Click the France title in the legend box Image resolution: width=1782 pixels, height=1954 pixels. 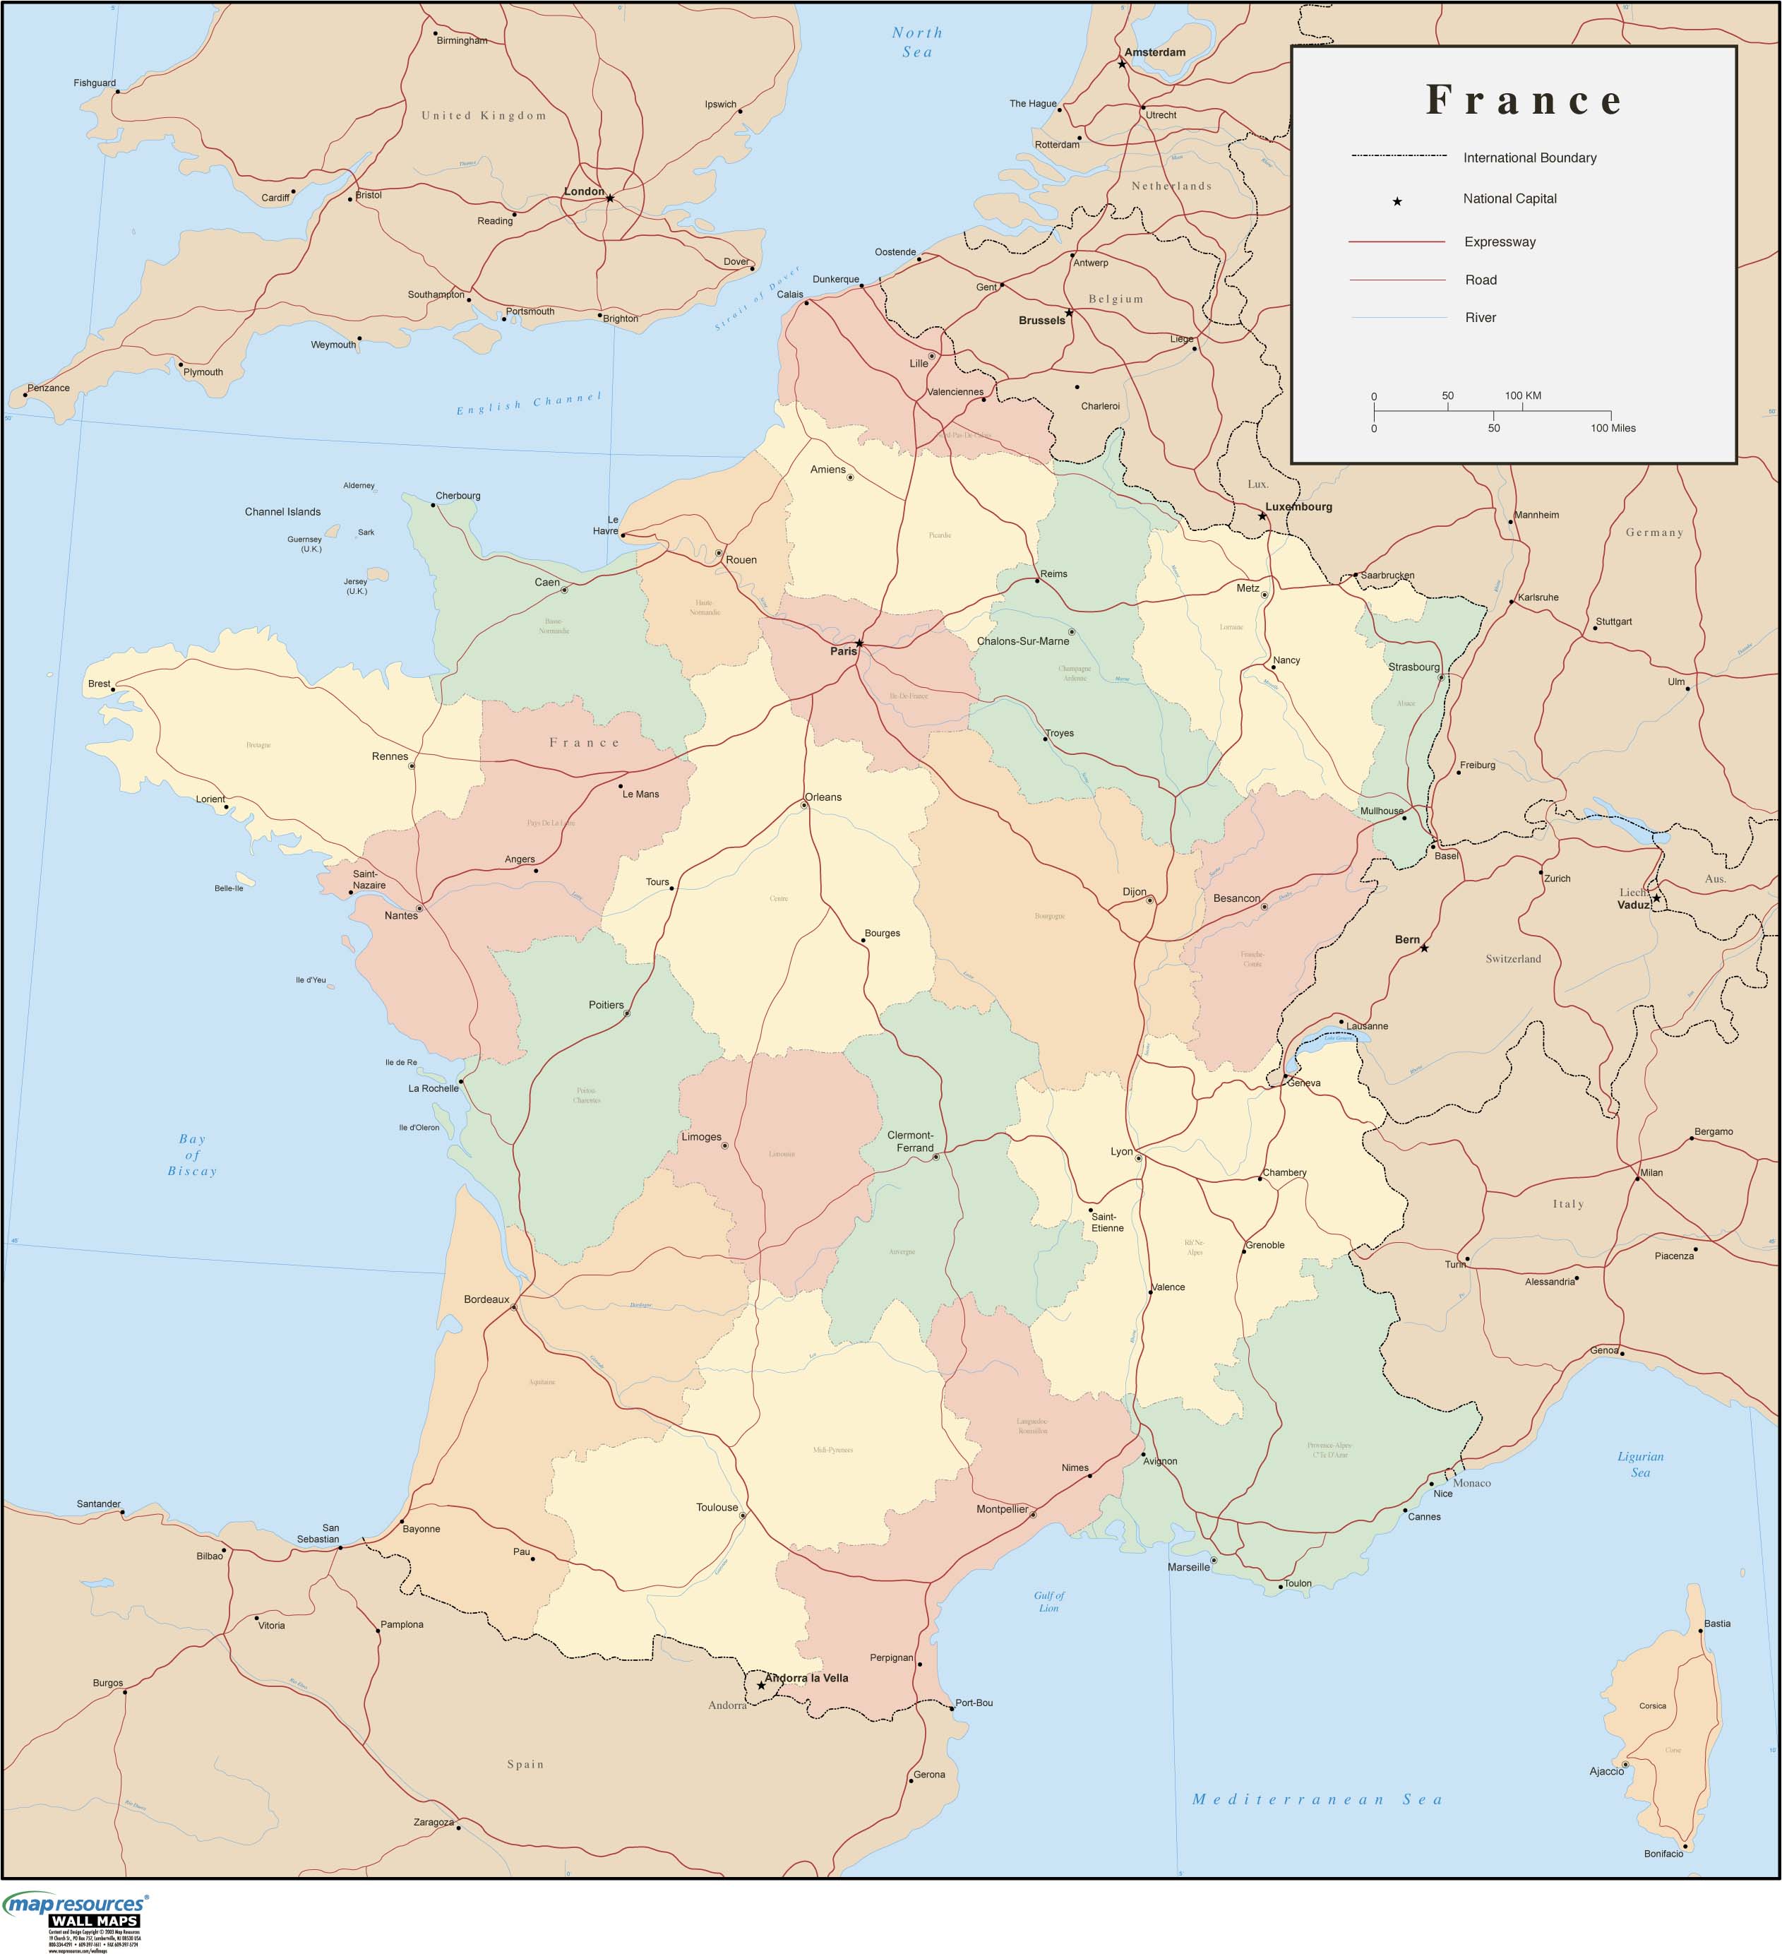click(x=1524, y=100)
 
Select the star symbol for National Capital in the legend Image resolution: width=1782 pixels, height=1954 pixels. click(x=1397, y=201)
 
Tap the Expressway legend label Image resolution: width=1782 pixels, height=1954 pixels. click(x=1499, y=242)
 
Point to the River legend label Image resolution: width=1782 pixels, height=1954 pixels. click(x=1480, y=318)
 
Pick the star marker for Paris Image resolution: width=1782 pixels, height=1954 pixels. click(x=859, y=643)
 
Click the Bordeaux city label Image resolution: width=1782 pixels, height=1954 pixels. click(x=486, y=1299)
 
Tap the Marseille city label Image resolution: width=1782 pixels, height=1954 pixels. click(x=1189, y=1566)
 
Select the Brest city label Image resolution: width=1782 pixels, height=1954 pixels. click(x=99, y=684)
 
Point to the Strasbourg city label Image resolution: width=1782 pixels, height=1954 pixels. click(x=1413, y=667)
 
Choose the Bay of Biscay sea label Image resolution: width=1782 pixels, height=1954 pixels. click(x=192, y=1155)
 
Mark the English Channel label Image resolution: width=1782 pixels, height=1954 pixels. click(x=529, y=403)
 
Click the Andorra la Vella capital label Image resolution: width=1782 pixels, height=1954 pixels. click(x=806, y=1678)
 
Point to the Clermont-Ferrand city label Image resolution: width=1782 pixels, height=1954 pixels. click(x=911, y=1140)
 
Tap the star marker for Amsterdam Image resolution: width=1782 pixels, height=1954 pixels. click(x=1122, y=65)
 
